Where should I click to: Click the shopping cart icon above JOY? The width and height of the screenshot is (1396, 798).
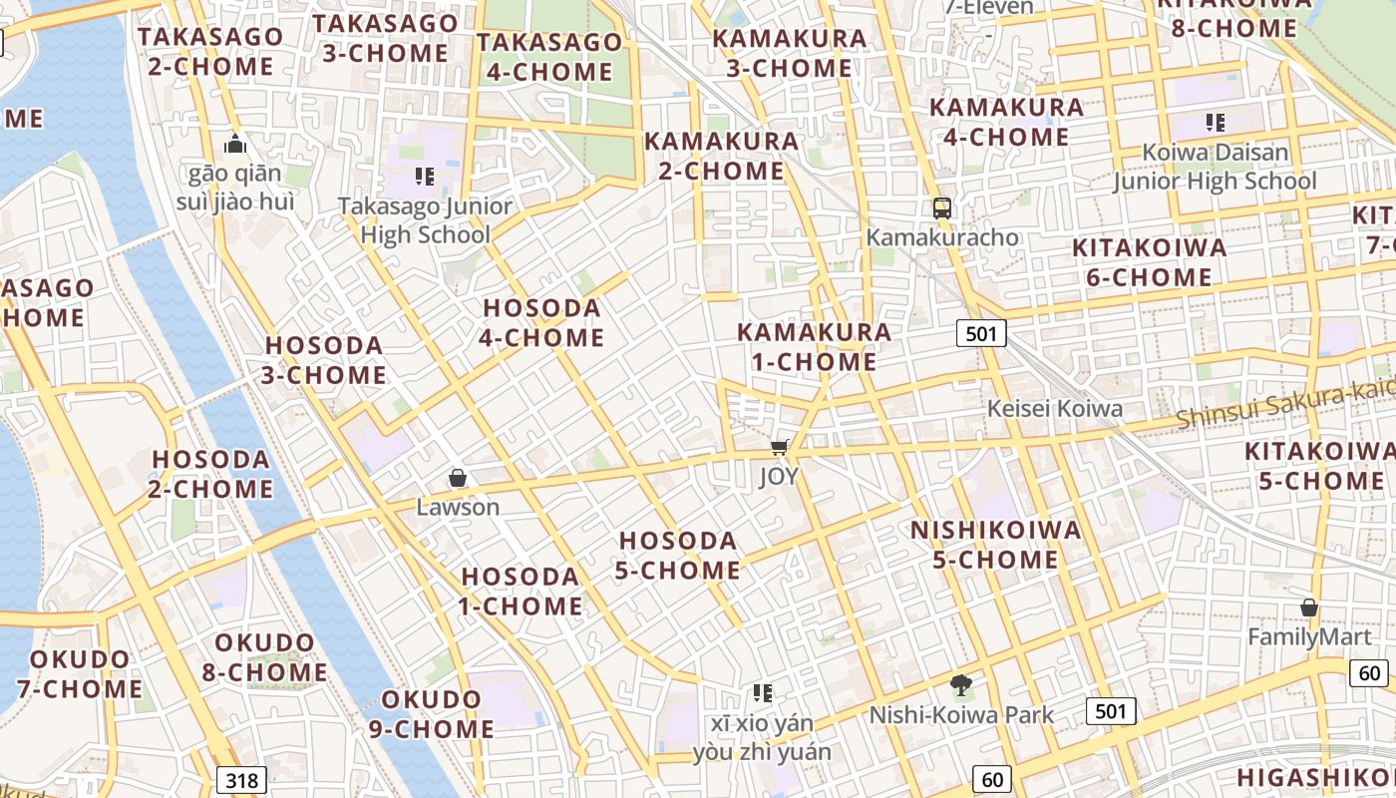780,447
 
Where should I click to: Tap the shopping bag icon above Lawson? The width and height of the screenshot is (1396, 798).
458,478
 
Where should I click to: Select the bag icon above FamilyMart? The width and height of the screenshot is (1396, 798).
1309,607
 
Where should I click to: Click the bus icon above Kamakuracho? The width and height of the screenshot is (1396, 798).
941,207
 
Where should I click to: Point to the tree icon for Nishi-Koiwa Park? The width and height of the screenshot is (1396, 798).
961,685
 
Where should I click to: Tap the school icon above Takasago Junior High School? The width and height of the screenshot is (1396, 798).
425,177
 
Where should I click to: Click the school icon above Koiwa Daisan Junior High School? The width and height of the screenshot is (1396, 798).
1215,123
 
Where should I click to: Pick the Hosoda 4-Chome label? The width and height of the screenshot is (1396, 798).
541,323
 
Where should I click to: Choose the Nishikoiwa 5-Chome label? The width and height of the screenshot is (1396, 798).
996,545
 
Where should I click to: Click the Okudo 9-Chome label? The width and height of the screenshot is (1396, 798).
432,714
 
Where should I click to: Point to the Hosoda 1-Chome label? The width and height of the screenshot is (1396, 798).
521,592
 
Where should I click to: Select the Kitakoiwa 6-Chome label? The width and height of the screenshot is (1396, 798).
1149,262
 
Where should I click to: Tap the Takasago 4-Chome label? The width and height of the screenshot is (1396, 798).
549,57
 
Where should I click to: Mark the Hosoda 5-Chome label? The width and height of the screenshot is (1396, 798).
679,556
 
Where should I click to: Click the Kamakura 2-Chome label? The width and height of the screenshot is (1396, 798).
721,156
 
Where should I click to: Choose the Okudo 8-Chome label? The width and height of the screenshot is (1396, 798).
264,657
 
